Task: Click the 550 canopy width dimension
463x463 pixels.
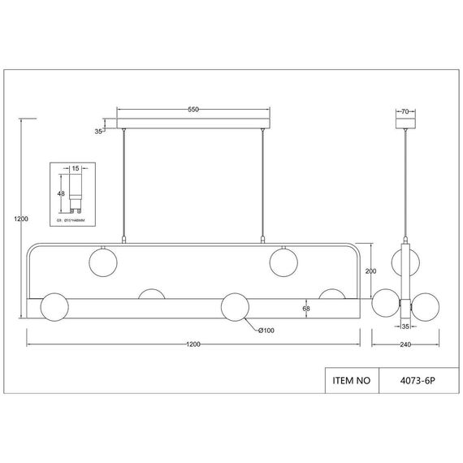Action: [193, 109]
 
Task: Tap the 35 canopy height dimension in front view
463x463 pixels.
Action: [99, 130]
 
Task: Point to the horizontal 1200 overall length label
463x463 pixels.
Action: [193, 344]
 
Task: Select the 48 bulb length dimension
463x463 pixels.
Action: [61, 193]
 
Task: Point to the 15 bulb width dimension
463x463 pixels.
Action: [76, 168]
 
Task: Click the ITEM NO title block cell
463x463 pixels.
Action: [352, 379]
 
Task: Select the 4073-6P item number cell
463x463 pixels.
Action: [417, 379]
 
